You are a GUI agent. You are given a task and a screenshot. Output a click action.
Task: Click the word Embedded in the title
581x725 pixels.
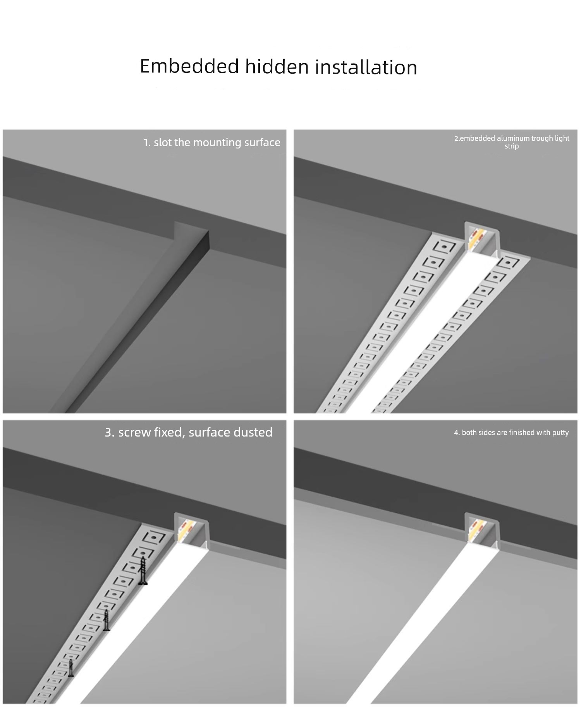pyautogui.click(x=189, y=66)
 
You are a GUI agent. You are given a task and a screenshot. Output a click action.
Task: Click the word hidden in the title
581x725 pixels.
pyautogui.click(x=277, y=66)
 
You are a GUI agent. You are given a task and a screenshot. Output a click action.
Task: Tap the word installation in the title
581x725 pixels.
pyautogui.click(x=366, y=67)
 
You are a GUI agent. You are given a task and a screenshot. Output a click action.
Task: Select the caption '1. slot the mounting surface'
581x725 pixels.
pyautogui.click(x=212, y=143)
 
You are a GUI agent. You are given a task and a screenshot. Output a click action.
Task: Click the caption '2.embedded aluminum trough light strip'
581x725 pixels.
pyautogui.click(x=512, y=142)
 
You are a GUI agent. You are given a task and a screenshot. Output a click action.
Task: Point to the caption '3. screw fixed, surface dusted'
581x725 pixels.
pyautogui.click(x=189, y=432)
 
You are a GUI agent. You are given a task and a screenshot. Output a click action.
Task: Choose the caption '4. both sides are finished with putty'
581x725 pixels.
pyautogui.click(x=511, y=433)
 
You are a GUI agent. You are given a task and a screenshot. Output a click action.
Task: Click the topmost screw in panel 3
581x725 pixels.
pyautogui.click(x=143, y=571)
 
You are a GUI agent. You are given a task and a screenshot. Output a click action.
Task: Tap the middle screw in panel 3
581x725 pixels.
pyautogui.click(x=107, y=620)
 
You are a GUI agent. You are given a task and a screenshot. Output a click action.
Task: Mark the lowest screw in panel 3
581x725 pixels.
pyautogui.click(x=71, y=668)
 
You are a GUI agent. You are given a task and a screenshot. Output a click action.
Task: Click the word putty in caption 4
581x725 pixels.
pyautogui.click(x=560, y=433)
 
